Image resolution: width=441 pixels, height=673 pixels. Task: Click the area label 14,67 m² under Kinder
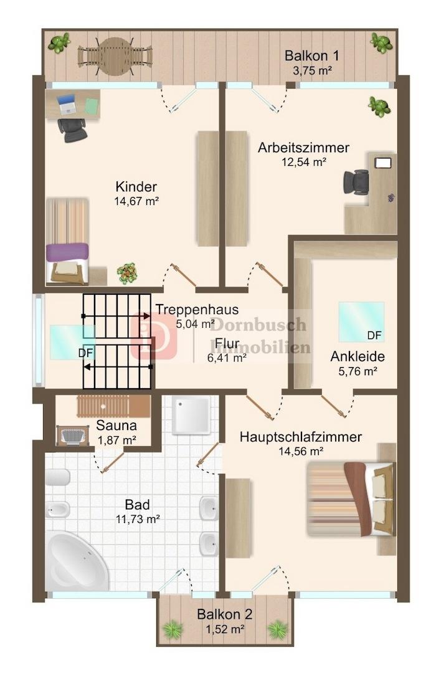point(137,201)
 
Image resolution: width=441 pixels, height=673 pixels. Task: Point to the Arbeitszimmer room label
point(303,148)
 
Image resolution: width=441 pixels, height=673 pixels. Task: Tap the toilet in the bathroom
point(57,477)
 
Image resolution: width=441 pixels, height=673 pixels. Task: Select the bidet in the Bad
point(58,510)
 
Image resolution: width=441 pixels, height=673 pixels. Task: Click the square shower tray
point(191,415)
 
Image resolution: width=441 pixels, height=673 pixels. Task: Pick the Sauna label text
point(116,426)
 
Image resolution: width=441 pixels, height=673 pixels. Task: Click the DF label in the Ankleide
point(374,336)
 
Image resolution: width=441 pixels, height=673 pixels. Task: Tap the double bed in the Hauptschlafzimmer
point(351,499)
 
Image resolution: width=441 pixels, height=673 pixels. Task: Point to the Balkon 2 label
point(224,614)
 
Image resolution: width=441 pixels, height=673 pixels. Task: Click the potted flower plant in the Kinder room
point(127,274)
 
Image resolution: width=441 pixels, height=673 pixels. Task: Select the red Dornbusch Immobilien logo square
point(154,336)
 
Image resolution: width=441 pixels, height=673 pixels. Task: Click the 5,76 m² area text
point(358,371)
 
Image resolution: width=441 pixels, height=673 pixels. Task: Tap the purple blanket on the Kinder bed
point(67,252)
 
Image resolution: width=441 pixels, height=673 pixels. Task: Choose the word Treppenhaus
point(197,309)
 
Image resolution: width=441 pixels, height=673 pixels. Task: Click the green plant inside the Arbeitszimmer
point(379,106)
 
